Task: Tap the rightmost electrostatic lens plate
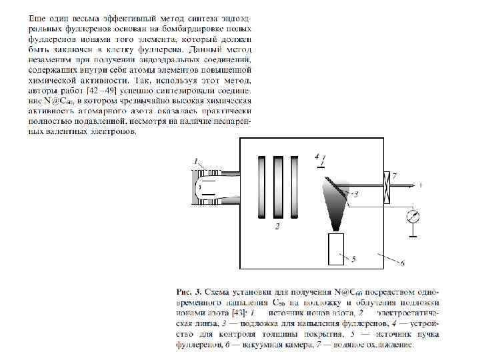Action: [296, 188]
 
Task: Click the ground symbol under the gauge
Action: [413, 235]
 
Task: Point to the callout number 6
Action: [403, 264]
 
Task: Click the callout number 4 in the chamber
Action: [317, 156]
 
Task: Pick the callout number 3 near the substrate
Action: [356, 195]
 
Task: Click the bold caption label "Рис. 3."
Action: [187, 292]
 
